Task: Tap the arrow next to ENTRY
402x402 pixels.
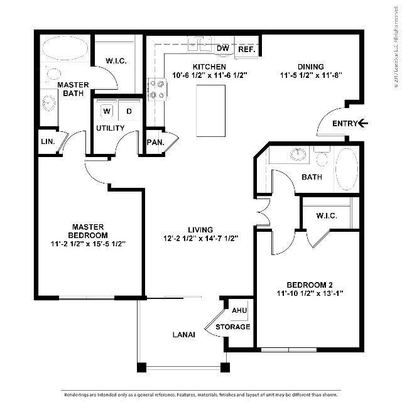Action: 364,123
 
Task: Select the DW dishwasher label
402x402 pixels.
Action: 222,48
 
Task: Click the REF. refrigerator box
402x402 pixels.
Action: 245,48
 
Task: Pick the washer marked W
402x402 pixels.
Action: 107,111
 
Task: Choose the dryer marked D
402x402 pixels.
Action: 129,111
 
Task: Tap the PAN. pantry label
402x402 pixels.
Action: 155,143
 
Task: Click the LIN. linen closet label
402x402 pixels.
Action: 48,142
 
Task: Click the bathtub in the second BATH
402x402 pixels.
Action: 345,168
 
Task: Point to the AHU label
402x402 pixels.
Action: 239,311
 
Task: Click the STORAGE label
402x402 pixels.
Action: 233,327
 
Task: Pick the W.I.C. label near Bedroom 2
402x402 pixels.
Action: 327,216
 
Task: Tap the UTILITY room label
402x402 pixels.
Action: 110,128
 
